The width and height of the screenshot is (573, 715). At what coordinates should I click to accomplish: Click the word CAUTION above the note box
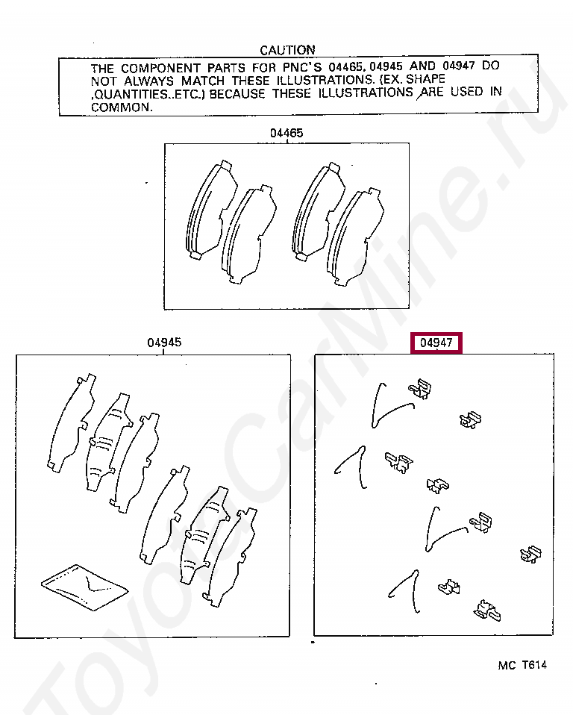coord(287,50)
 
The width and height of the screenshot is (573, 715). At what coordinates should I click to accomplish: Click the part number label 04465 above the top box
coord(286,133)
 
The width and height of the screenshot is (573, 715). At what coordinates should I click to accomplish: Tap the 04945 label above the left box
coord(164,342)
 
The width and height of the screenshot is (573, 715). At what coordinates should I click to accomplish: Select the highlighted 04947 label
coord(436,343)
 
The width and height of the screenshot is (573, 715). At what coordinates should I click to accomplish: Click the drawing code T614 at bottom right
coord(534,665)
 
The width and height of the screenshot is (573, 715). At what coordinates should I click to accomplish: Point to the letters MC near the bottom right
coord(507,665)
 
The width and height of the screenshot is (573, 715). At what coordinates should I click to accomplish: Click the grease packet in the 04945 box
coord(85,587)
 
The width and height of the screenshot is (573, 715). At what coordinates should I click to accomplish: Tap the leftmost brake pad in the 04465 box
coord(211,210)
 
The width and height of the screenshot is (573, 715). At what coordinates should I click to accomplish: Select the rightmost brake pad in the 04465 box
coord(356,237)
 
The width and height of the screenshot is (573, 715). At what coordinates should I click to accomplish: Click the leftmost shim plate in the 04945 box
coord(72,423)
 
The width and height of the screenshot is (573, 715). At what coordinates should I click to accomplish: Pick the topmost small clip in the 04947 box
coord(420,389)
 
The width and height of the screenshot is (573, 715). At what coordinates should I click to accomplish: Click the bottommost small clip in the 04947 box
coord(487,611)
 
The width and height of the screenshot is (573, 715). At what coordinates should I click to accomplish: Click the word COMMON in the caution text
coord(121,107)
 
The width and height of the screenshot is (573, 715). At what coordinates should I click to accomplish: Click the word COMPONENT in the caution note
coord(160,69)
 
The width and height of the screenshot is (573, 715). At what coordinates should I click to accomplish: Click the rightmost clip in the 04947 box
coord(530,554)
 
